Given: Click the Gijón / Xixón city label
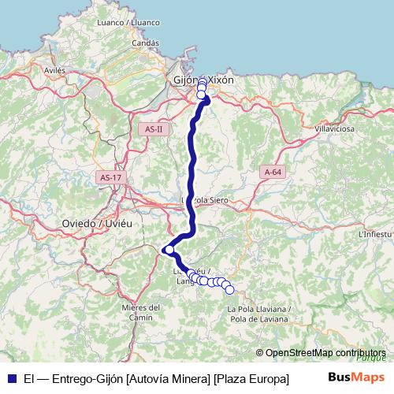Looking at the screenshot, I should [x=203, y=80].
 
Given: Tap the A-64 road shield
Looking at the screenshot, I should [x=273, y=172].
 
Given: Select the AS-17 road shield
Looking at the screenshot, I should [x=110, y=178].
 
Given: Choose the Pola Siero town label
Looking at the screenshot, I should [x=206, y=200].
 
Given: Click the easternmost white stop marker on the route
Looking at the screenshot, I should [x=230, y=290].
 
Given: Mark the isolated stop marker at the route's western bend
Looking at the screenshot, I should [x=169, y=249].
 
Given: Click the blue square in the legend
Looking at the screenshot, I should [x=12, y=378].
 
